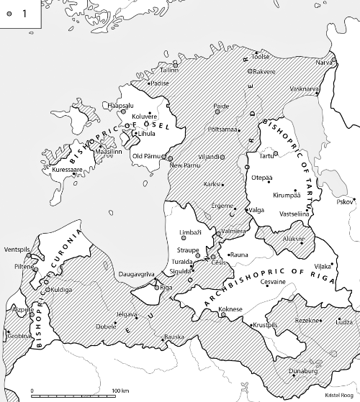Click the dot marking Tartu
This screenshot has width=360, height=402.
(x=258, y=155)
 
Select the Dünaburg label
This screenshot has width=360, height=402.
(x=302, y=373)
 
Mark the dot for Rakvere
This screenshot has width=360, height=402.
(x=249, y=71)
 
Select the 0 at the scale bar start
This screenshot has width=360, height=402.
(x=32, y=390)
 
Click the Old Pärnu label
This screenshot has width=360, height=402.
(x=148, y=157)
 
